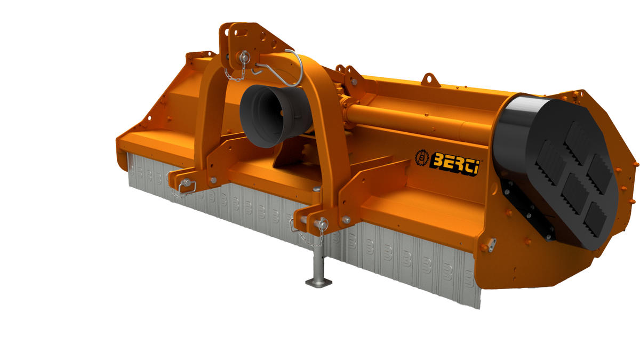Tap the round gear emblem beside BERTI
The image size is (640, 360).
422,157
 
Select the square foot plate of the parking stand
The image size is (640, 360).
318,283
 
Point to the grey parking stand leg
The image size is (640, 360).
318,263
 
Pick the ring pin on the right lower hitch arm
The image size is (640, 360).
321,223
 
